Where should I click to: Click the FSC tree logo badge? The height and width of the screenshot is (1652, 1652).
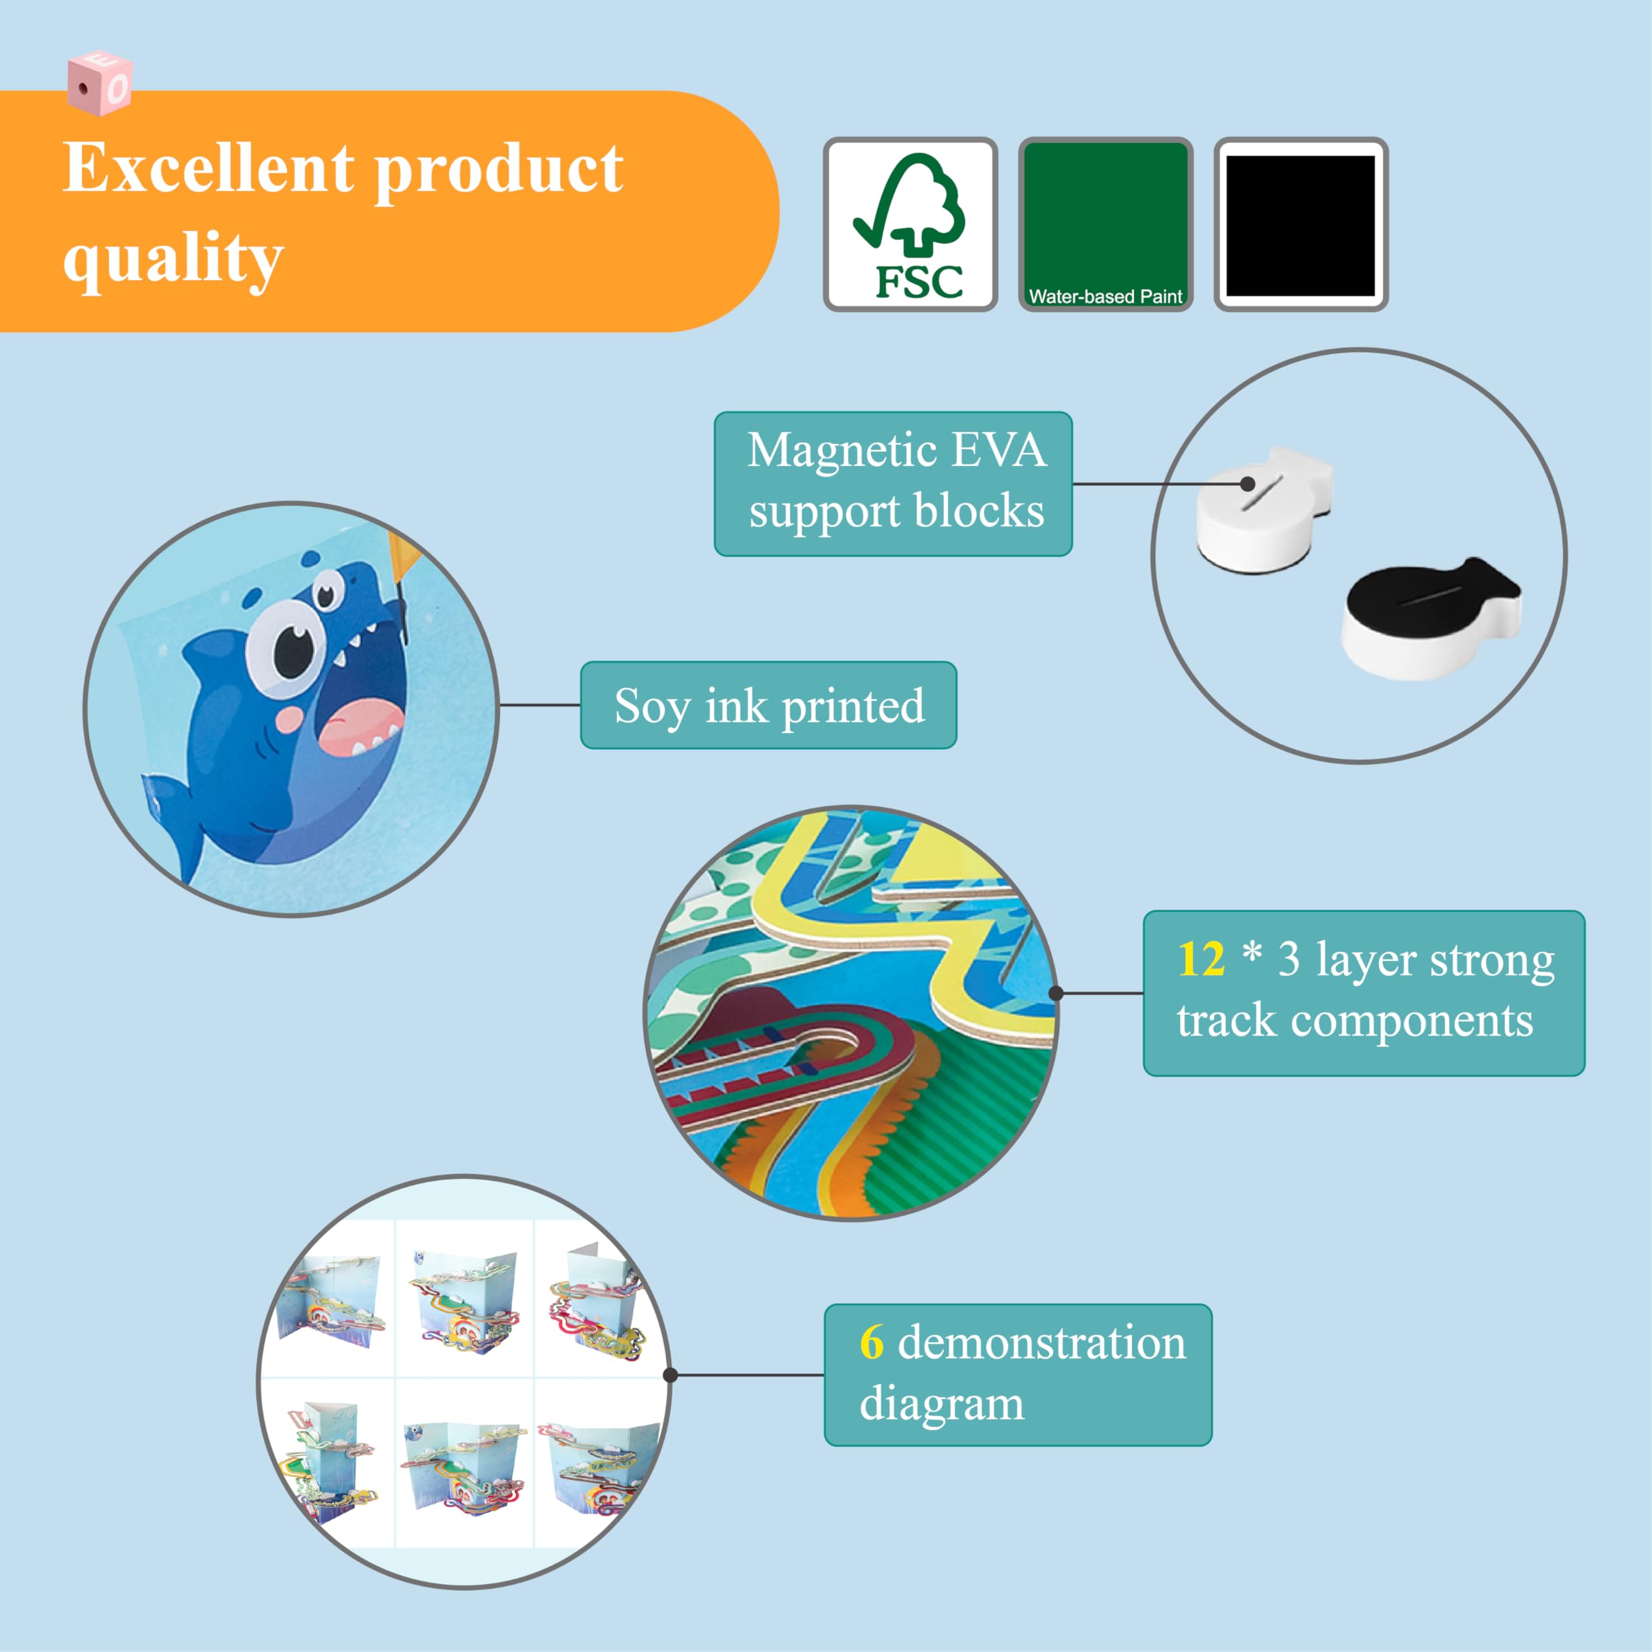point(910,224)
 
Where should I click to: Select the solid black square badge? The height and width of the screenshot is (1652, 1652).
point(1300,225)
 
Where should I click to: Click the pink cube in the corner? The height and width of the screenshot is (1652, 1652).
point(99,83)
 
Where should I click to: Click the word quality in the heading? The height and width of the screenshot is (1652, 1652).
point(173,257)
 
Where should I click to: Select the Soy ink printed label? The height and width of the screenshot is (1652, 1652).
point(768,705)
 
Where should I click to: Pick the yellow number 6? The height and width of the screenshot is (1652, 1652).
point(871,1341)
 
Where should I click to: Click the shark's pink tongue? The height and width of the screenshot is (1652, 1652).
point(360,727)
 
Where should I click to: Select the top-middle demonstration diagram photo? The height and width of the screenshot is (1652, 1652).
point(465,1299)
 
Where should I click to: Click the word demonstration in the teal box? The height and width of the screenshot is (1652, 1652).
point(1042,1341)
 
